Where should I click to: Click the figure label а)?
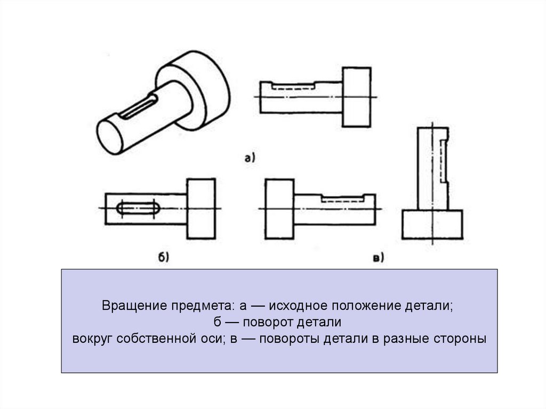pyautogui.click(x=250, y=157)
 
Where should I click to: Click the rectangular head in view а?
pyautogui.click(x=356, y=97)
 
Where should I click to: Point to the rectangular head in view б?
pyautogui.click(x=201, y=208)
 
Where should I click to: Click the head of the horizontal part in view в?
pyautogui.click(x=279, y=208)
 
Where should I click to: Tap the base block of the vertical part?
pyautogui.click(x=432, y=224)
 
